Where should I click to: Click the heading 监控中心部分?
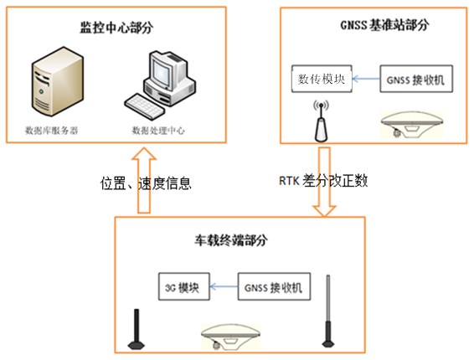click(x=116, y=28)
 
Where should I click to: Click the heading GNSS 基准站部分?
click(x=384, y=25)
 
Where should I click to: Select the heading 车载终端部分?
click(x=231, y=240)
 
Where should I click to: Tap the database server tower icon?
click(x=58, y=81)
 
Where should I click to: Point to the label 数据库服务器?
click(x=51, y=131)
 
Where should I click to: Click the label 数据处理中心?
click(x=158, y=131)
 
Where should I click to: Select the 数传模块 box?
click(x=322, y=79)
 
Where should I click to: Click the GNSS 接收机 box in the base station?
click(x=416, y=79)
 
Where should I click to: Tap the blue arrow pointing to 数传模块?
click(x=366, y=79)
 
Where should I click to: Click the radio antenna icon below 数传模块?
click(x=321, y=121)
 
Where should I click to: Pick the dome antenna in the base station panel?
click(x=412, y=125)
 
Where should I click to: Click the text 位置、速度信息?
click(x=146, y=183)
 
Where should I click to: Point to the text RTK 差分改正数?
click(x=323, y=181)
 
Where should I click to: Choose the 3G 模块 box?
click(x=183, y=286)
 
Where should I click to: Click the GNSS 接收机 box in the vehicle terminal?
click(x=274, y=286)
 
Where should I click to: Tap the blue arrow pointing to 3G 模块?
click(x=224, y=286)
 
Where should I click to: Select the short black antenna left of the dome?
click(x=137, y=330)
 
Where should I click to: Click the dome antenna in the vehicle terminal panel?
click(x=231, y=337)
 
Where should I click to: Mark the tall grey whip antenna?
click(x=328, y=311)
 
